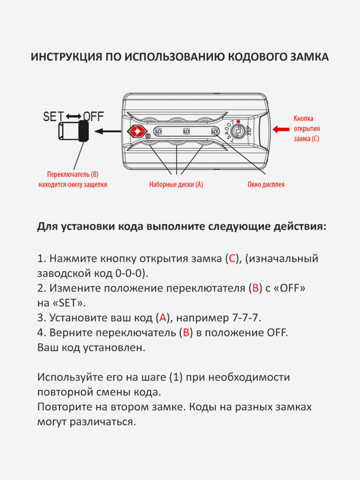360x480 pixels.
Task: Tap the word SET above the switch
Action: (x=53, y=117)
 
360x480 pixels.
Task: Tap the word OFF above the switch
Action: (x=93, y=117)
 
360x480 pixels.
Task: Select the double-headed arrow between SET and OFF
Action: (x=74, y=117)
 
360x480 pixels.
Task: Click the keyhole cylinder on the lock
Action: (x=238, y=131)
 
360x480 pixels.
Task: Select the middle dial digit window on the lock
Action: (x=186, y=132)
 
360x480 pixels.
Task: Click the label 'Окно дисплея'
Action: (x=266, y=185)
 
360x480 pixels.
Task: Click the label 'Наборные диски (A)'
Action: (x=176, y=185)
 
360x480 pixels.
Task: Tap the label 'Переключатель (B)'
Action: (x=73, y=173)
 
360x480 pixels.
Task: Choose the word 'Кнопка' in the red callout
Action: (x=303, y=119)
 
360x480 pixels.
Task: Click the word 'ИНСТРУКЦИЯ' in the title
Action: (x=66, y=57)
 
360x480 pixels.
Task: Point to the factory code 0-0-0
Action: (x=130, y=273)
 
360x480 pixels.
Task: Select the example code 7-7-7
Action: (x=245, y=318)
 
